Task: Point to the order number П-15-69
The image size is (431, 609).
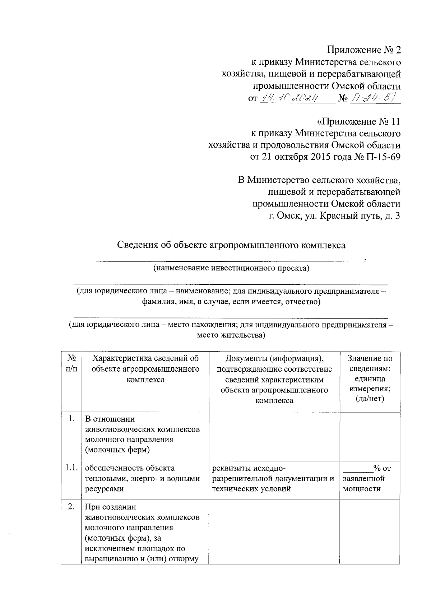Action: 382,157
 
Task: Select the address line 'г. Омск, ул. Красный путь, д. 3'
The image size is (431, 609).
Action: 335,216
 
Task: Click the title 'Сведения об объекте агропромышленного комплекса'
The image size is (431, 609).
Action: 231,245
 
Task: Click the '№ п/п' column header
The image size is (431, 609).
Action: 71,363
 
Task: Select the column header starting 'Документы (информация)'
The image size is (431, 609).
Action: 274,379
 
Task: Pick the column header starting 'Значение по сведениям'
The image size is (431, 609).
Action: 370,378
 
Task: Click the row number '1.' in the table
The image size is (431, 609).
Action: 71,419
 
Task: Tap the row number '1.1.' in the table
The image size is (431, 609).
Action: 71,468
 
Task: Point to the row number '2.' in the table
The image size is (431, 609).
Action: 71,507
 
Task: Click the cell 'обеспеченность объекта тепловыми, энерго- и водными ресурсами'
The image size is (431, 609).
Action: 142,478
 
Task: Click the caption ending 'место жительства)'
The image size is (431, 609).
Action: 231,335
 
